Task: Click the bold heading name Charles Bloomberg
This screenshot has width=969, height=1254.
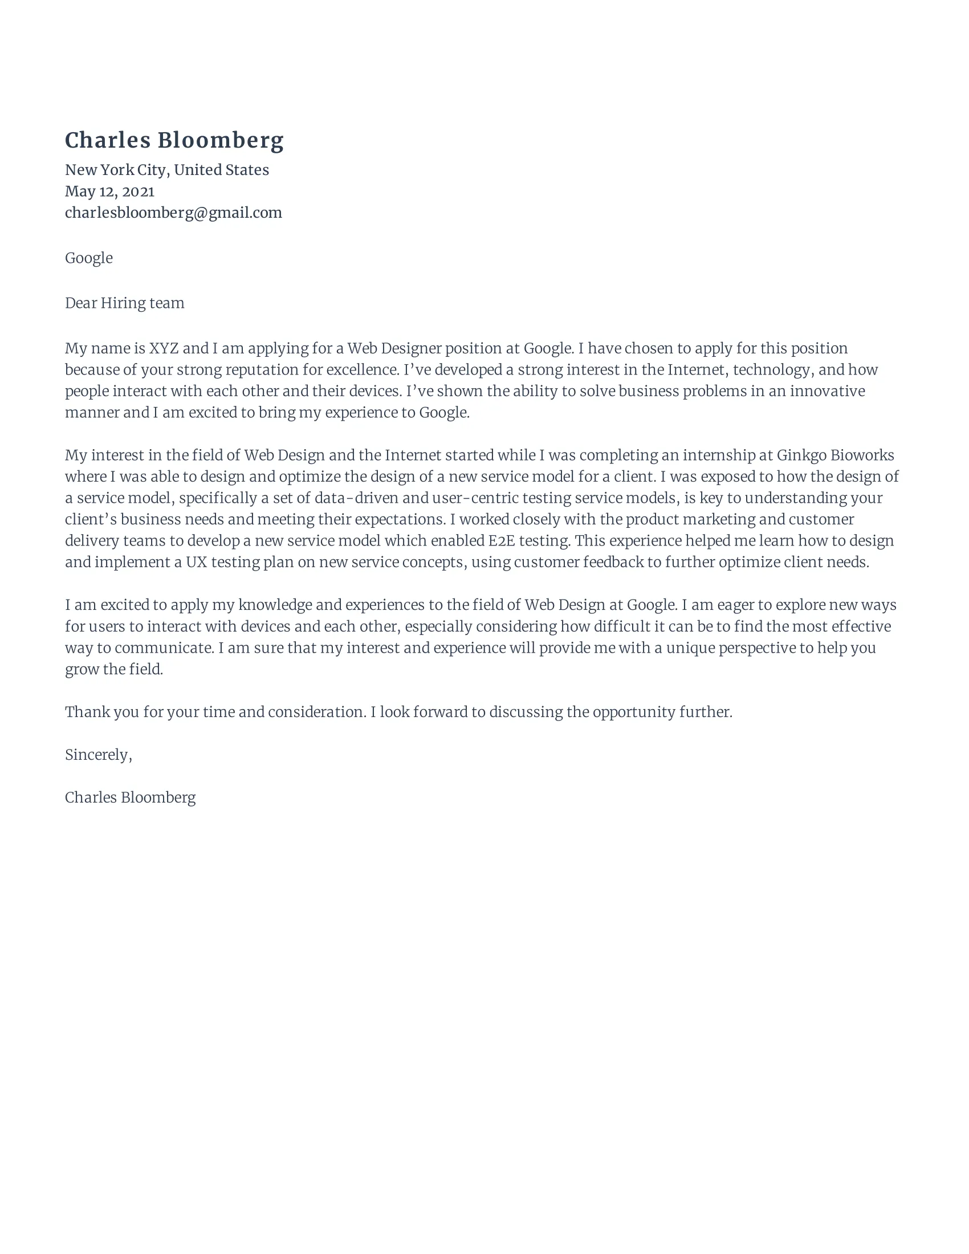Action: (x=174, y=141)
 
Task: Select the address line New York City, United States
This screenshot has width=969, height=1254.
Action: (x=166, y=170)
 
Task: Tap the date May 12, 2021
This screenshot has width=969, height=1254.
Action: (x=109, y=191)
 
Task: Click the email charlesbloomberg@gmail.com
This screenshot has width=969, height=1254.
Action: (x=173, y=213)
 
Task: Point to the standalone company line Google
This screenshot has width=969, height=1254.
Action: (x=88, y=258)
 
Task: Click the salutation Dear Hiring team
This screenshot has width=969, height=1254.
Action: (x=125, y=303)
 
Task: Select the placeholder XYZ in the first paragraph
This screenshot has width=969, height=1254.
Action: (x=164, y=348)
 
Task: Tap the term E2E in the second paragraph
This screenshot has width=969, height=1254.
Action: (x=501, y=541)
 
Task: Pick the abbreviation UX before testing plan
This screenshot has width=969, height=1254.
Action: (x=196, y=562)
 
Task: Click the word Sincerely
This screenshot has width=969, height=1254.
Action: (x=97, y=755)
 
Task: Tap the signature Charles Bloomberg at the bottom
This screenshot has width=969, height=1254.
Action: (x=131, y=797)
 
